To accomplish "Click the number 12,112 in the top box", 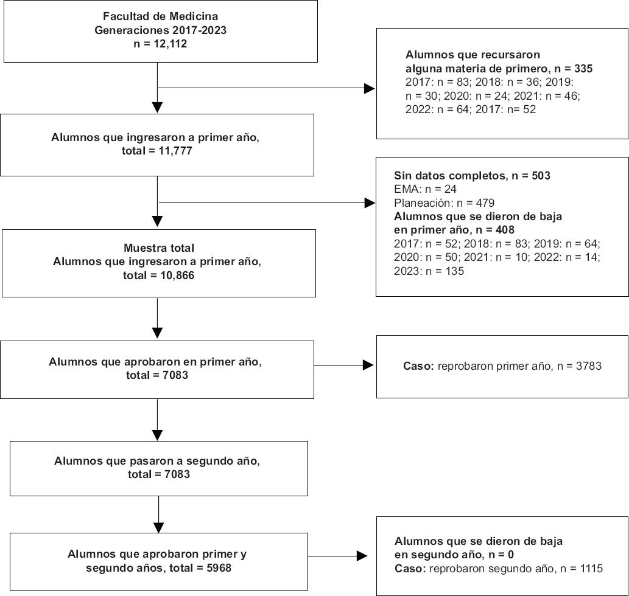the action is click(170, 44).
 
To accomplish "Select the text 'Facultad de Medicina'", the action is click(161, 16).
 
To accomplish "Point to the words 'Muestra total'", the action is click(159, 248).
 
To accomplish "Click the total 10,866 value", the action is click(177, 275).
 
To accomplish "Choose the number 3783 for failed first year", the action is click(588, 366).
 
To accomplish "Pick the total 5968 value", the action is click(218, 568).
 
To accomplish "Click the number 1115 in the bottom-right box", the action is click(591, 569).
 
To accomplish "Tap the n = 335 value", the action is click(574, 69).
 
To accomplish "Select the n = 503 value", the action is click(531, 175).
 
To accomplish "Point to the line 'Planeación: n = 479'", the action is click(444, 203).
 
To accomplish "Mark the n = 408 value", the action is click(495, 230).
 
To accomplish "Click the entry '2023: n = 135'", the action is click(429, 271).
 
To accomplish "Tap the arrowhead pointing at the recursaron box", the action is click(370, 89).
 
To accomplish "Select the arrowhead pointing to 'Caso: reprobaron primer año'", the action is click(368, 365).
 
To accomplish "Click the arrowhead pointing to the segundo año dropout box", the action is click(362, 556).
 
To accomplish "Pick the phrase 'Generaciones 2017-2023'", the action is click(161, 30).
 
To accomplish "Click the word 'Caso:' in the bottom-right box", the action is click(410, 569).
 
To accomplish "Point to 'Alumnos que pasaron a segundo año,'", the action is click(157, 461).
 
